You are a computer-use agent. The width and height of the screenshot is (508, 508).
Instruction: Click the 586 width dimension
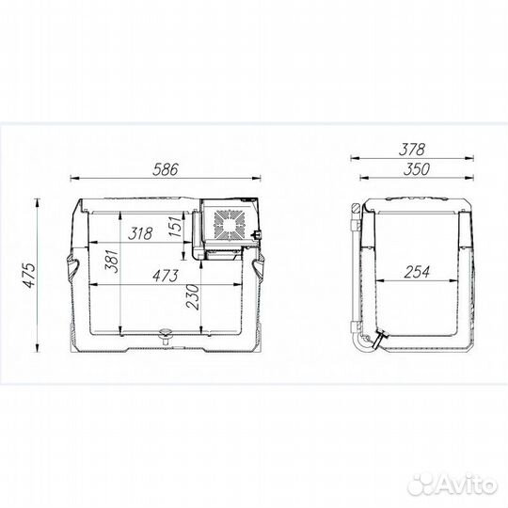[x=166, y=169]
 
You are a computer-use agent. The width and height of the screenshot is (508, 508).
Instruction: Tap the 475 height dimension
[x=30, y=275]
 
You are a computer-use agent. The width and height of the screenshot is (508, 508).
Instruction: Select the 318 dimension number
[x=140, y=233]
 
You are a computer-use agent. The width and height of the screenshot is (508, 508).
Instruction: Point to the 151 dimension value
[x=175, y=226]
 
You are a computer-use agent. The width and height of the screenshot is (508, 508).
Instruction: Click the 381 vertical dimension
[x=112, y=262]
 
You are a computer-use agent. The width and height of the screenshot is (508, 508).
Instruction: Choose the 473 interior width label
[x=166, y=276]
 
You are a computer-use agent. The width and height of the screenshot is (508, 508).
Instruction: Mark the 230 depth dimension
[x=193, y=297]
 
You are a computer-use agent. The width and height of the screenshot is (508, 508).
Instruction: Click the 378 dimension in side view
[x=411, y=150]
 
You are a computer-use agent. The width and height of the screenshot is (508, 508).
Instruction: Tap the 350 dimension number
[x=417, y=169]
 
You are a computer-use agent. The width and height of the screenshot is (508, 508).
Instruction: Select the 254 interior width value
[x=417, y=272]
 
